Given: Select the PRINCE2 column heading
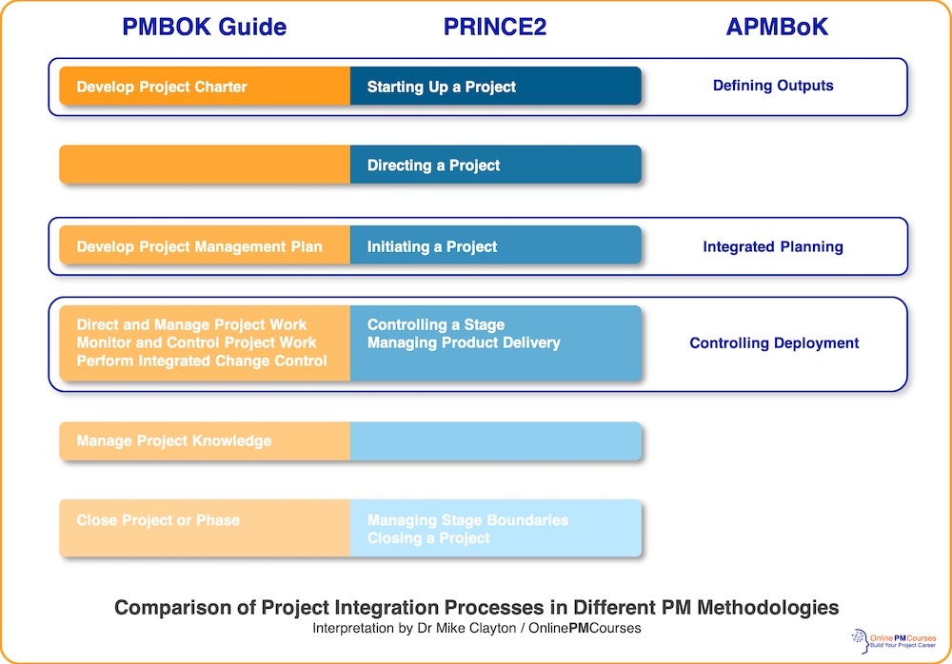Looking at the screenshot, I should point(495,28).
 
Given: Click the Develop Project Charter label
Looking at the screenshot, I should point(162,87).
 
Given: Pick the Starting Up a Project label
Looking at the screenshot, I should point(442,87).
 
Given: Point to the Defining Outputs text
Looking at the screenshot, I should point(773,86).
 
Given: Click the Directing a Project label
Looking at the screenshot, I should point(433,166).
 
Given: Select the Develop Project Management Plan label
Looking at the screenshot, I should point(199,246).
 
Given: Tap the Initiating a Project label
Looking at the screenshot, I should point(432,246).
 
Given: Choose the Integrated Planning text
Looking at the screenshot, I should point(773,246).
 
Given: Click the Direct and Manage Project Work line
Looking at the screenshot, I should point(191,324).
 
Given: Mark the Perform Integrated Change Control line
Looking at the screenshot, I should point(202,361).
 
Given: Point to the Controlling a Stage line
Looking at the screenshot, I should point(436,324).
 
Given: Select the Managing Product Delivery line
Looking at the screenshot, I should point(464,342).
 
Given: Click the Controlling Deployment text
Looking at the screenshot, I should point(774,343).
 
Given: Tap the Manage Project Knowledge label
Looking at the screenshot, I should point(174,441).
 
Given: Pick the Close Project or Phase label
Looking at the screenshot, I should point(158,520).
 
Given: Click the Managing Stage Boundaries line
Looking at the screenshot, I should point(467,520).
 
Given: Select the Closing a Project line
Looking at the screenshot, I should point(428,538).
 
